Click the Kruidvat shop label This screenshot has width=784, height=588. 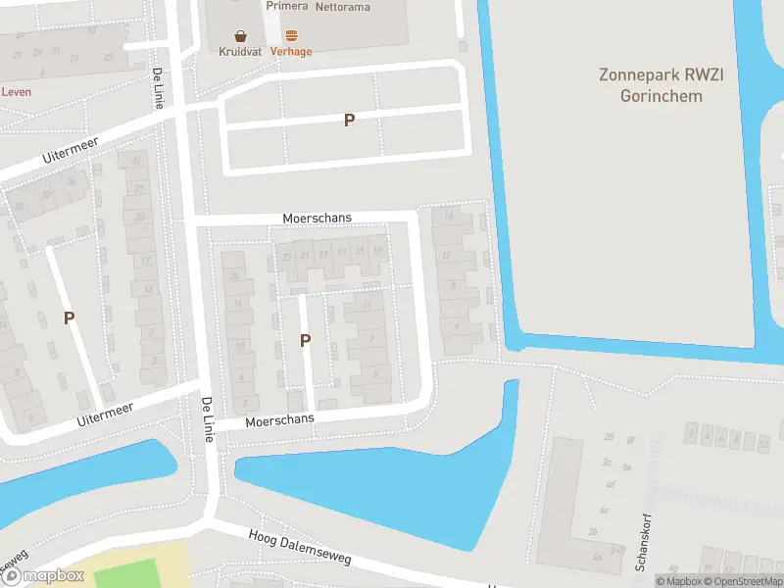[240, 51]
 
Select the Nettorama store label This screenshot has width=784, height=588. [343, 6]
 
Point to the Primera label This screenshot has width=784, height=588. [286, 6]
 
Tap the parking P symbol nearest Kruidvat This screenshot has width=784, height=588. [348, 120]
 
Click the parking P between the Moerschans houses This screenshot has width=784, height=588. [305, 340]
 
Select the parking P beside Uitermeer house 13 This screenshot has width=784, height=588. [69, 318]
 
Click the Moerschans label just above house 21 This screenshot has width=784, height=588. [316, 218]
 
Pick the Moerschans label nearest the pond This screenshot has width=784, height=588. [280, 419]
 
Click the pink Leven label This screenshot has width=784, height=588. [16, 92]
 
